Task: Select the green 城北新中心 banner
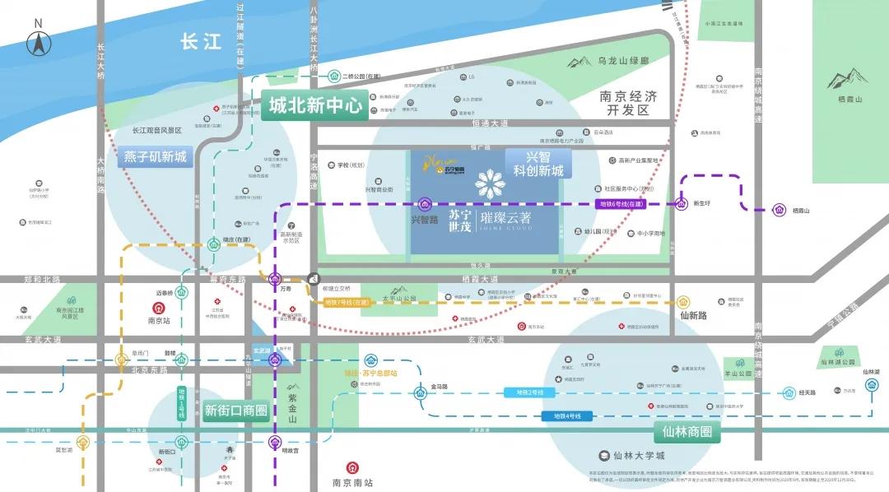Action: pos(314,106)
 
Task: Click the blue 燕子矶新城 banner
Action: pos(156,156)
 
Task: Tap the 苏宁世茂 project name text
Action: pos(459,220)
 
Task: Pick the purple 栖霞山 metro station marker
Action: pos(778,211)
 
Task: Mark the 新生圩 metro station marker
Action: pos(682,204)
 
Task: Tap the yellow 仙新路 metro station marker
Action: pos(682,302)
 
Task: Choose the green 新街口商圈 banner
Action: pos(235,411)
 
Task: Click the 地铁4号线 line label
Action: pos(568,416)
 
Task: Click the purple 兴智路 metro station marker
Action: pos(425,204)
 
